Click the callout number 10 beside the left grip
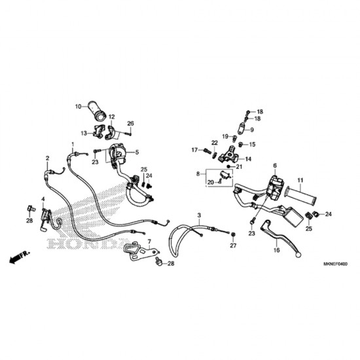[x=77, y=105]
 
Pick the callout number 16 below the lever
[x=276, y=249]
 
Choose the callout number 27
[x=232, y=245]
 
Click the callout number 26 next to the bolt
[x=130, y=123]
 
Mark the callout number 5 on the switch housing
[x=137, y=153]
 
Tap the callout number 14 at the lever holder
[x=249, y=159]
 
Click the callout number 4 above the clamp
[x=43, y=198]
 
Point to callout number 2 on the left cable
[x=47, y=158]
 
